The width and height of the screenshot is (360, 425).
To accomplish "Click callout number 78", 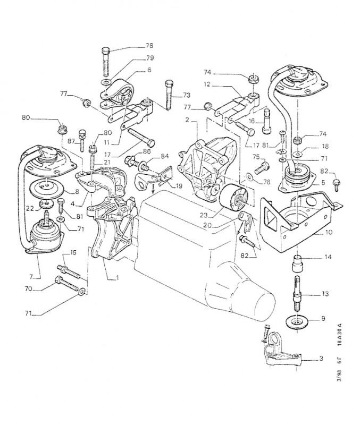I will pos(149,46).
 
